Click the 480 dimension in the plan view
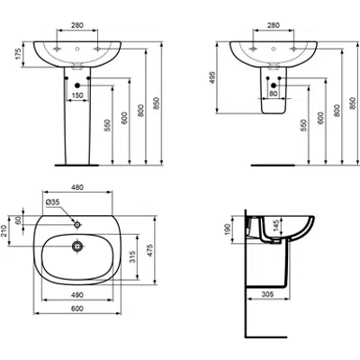click(77, 188)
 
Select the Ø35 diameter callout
click(52, 202)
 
